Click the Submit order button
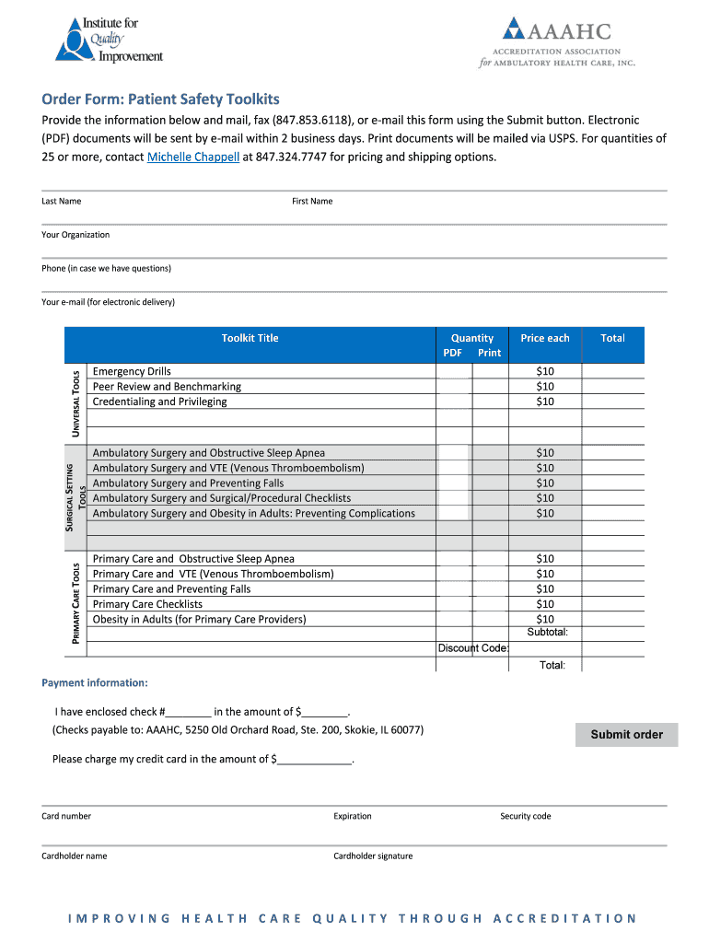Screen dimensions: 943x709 coord(626,734)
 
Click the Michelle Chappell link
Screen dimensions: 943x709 coord(192,157)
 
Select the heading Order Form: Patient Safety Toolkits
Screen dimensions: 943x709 coord(160,99)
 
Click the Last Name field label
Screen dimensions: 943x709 coord(62,201)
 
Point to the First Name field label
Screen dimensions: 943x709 coord(312,201)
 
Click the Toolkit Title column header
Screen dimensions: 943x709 coord(250,338)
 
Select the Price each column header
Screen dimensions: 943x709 coord(545,338)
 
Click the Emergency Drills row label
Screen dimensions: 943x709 coord(132,371)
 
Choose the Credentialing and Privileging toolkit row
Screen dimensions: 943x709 coord(159,402)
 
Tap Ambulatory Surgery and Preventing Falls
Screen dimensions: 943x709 coord(188,483)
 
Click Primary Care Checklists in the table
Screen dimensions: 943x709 coord(147,604)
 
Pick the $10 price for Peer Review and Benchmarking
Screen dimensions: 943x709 coord(545,387)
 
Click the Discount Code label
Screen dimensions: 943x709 coord(472,648)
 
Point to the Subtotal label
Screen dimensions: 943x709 coord(547,632)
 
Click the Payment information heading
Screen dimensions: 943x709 coord(94,682)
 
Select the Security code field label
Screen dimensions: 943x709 coord(525,816)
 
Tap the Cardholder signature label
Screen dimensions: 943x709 coord(373,856)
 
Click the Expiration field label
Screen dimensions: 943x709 coord(353,816)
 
